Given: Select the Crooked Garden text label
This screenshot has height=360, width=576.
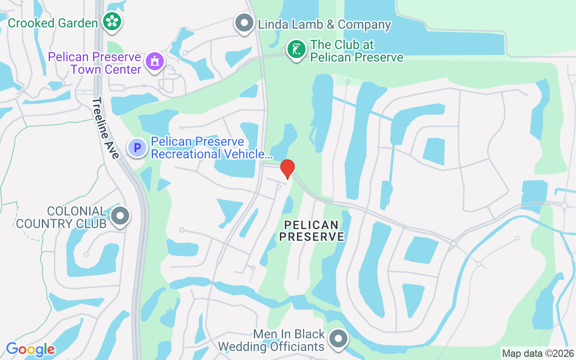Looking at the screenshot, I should click(x=53, y=23).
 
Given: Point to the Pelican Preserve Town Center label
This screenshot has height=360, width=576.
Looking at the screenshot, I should click(x=94, y=63).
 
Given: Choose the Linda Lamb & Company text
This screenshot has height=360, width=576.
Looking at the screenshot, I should click(x=324, y=24).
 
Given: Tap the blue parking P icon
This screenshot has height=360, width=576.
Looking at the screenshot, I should click(x=137, y=147).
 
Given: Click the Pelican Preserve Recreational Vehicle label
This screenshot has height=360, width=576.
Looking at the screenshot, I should click(x=211, y=148).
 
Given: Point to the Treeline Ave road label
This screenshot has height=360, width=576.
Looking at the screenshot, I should click(x=106, y=128).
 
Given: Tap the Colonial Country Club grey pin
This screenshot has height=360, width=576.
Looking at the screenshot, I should click(x=120, y=216).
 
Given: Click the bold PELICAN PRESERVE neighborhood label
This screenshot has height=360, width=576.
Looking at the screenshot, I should click(x=311, y=230).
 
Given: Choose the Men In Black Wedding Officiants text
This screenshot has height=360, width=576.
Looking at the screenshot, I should click(x=271, y=340).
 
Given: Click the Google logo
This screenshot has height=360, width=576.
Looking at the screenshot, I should click(x=30, y=349).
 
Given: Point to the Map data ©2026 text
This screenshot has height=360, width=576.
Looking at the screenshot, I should click(x=538, y=354).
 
